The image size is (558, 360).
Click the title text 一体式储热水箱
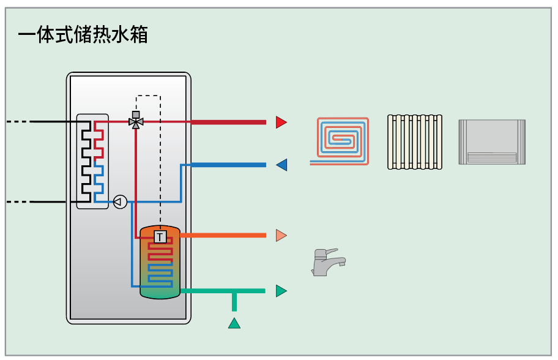pos(83,34)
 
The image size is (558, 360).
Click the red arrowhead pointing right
pos(281,122)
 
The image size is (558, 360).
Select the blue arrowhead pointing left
pos(281,165)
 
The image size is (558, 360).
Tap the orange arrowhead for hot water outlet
pos(281,235)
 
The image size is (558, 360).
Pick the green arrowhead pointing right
pos(281,291)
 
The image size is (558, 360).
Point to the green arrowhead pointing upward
pos(234,323)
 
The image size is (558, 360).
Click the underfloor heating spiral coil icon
pos(340,141)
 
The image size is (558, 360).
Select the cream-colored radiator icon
pos(415,141)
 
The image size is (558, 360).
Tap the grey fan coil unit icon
pos(492,142)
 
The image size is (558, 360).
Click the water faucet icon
pos(327,263)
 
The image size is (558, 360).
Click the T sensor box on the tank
pos(160,237)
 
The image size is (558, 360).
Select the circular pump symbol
pos(121,202)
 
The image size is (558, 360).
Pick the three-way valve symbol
pos(136,121)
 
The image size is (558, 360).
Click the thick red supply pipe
pos(228,122)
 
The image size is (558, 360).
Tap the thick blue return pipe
pos(228,165)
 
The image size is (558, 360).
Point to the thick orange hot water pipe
pos(223,235)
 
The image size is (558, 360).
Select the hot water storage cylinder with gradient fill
pos(160,262)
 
